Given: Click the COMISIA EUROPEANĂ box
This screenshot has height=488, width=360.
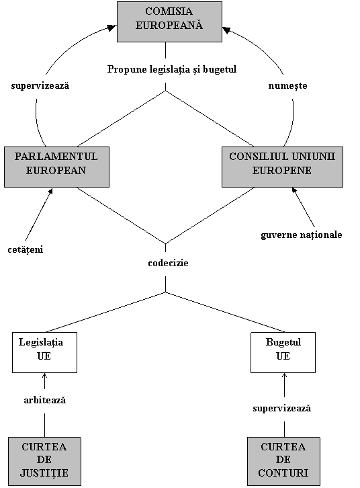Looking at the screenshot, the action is tap(169, 22).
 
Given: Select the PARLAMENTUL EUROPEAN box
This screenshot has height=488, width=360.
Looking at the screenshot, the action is tap(56, 167).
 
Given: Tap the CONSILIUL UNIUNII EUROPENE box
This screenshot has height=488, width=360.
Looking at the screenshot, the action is tap(282, 167).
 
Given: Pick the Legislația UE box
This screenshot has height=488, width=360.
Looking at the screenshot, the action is tap(44, 352).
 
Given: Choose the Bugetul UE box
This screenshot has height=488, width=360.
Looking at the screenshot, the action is tap(283, 352).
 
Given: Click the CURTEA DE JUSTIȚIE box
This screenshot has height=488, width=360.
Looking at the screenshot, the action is tap(44, 461).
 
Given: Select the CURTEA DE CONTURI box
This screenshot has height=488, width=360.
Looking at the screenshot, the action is tap(283, 461).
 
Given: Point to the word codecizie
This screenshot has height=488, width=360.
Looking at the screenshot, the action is tap(168, 263).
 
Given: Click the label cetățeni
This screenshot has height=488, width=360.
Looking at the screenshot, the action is tap(26, 249).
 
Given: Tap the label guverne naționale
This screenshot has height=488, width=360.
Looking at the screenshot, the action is tap(302, 235).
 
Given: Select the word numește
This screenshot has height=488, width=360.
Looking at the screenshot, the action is tap(288, 85).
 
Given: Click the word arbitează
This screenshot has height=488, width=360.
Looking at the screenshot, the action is tap(45, 400).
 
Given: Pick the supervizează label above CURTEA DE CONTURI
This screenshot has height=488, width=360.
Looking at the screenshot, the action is tap(281, 408).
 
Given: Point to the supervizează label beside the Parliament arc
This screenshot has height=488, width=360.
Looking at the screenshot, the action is tap(40, 85).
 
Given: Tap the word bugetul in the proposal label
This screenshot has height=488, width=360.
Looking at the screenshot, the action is tap(220, 69).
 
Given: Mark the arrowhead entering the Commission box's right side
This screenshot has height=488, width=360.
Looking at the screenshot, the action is tap(226, 30).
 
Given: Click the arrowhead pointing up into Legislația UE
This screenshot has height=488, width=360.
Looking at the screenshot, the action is tap(44, 375).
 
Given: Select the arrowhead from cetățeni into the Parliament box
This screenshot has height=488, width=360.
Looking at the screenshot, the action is tap(50, 190).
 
